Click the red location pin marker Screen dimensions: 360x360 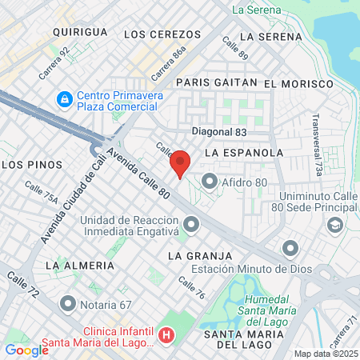click(x=180, y=164)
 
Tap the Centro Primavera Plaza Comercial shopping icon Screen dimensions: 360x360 click(x=62, y=100)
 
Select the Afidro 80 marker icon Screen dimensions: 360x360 click(x=210, y=182)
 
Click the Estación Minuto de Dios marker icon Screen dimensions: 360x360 click(x=290, y=246)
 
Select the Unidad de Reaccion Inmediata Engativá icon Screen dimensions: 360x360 click(x=190, y=223)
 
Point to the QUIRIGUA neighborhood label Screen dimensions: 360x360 click(x=80, y=31)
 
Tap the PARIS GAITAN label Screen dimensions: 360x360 click(x=215, y=82)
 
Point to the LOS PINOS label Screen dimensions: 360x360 click(x=32, y=164)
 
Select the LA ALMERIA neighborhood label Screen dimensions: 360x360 click(x=79, y=265)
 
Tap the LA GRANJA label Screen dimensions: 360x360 click(x=199, y=255)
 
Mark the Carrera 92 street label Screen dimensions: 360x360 click(x=55, y=62)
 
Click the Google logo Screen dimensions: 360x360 click(x=26, y=350)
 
